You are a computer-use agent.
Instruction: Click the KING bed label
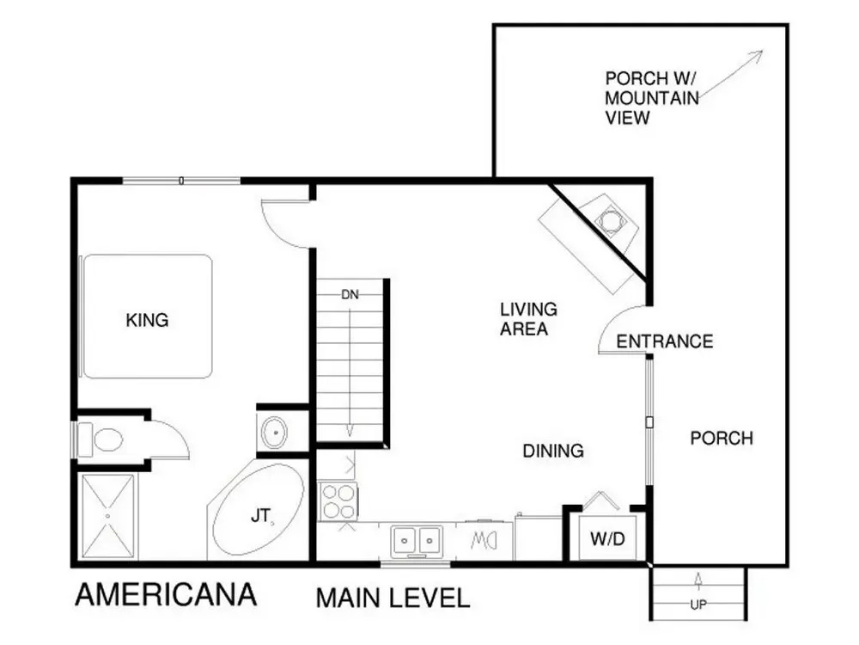coord(147,320)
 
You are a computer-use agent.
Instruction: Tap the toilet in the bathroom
coord(101,439)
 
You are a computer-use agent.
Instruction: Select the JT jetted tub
coord(258,511)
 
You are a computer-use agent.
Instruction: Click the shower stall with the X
coord(108,516)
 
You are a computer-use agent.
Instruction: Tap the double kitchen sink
coord(417,540)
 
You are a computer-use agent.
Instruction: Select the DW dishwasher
coord(484,541)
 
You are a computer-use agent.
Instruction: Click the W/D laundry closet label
coord(607,538)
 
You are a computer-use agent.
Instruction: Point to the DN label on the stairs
coord(350,294)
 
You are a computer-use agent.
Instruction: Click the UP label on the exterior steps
coord(698,605)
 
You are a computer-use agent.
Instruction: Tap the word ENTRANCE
coord(665,341)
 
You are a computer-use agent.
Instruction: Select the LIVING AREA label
coord(528,319)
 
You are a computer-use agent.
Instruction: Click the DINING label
coord(553,451)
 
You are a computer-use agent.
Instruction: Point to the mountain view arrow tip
coord(763,51)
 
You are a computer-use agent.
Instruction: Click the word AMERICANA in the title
coord(166,595)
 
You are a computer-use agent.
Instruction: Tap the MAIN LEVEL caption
coord(393,598)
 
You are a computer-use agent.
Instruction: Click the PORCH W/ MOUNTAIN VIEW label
coord(652,98)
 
